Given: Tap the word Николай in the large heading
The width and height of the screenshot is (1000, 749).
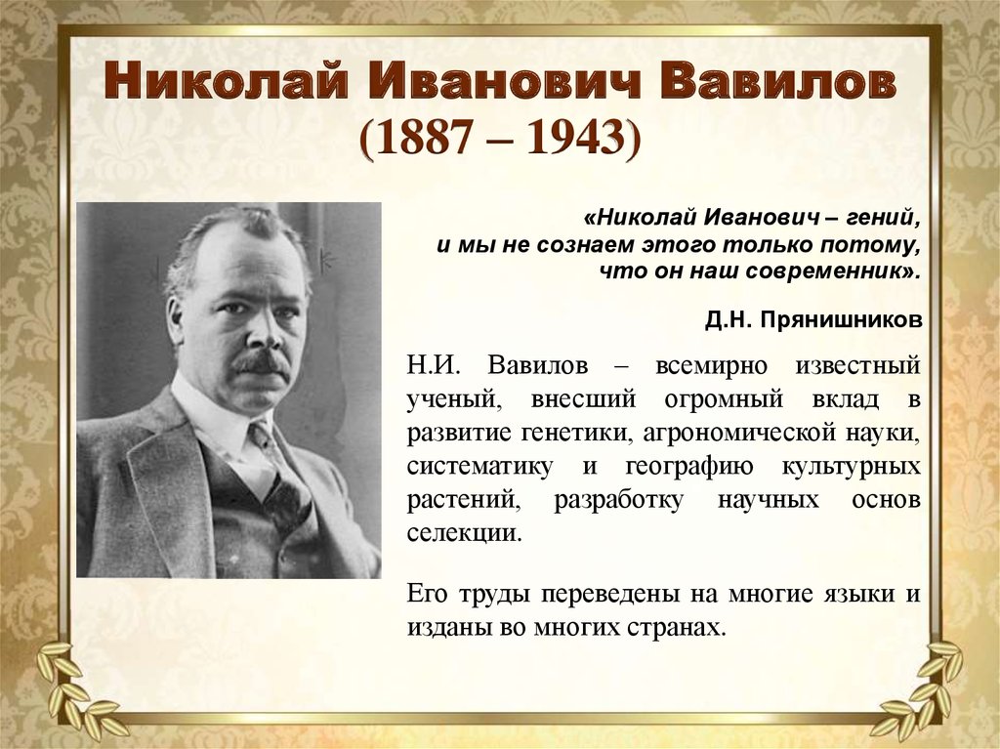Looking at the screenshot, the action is (227, 80).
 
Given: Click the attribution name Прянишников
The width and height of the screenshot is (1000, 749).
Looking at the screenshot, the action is (841, 319).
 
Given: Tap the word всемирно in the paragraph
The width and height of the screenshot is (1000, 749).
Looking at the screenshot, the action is (711, 366).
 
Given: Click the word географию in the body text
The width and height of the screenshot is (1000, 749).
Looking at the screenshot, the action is (688, 467).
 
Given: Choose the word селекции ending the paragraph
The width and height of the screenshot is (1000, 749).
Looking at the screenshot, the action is (464, 533).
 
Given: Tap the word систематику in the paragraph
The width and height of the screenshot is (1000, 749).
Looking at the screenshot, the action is (479, 467).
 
